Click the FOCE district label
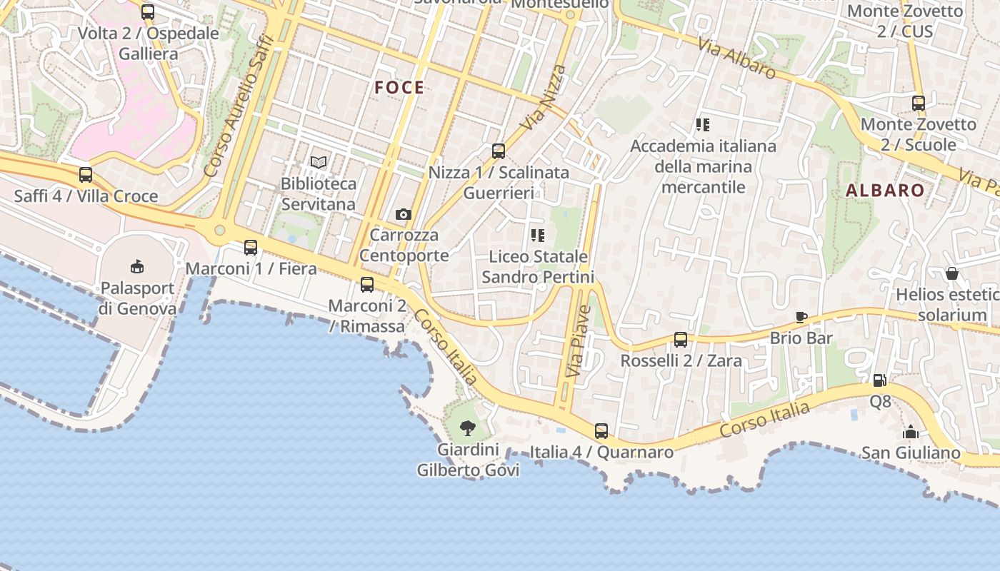[x=399, y=88]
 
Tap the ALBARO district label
[x=885, y=191]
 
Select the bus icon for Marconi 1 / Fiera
[x=251, y=248]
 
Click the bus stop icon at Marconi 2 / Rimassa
[x=367, y=285]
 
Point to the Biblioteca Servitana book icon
[x=319, y=163]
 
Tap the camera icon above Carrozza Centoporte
[x=404, y=214]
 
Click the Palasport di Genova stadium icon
[x=137, y=267]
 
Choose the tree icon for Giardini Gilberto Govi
[x=468, y=428]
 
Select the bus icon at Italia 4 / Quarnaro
[x=601, y=431]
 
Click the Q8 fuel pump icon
[x=880, y=380]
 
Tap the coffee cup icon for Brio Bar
[x=801, y=317]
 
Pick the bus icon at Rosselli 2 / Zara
[x=681, y=340]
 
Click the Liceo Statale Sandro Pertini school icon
[x=538, y=235]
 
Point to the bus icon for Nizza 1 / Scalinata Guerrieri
[x=499, y=151]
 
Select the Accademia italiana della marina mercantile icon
[x=703, y=125]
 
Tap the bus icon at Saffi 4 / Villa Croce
[x=86, y=175]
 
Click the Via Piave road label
[x=579, y=341]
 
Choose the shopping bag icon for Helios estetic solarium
[x=952, y=273]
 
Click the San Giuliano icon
[x=911, y=432]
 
